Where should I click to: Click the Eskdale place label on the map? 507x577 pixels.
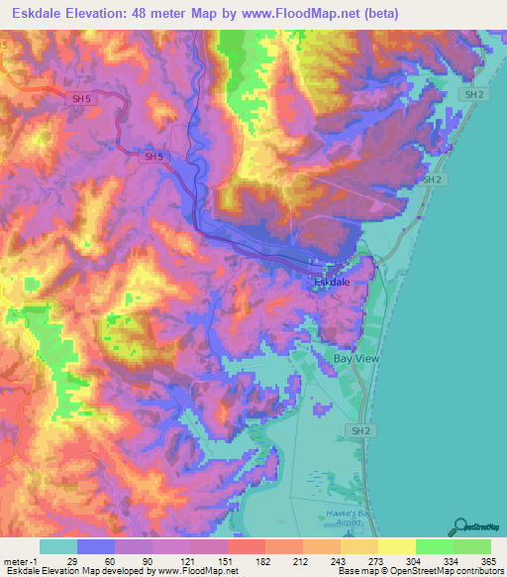[334, 283]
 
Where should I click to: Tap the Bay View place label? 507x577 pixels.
[356, 358]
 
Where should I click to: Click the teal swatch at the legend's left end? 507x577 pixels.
[58, 546]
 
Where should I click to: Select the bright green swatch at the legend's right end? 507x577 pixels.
[472, 546]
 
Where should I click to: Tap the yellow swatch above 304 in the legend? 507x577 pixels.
[397, 546]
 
